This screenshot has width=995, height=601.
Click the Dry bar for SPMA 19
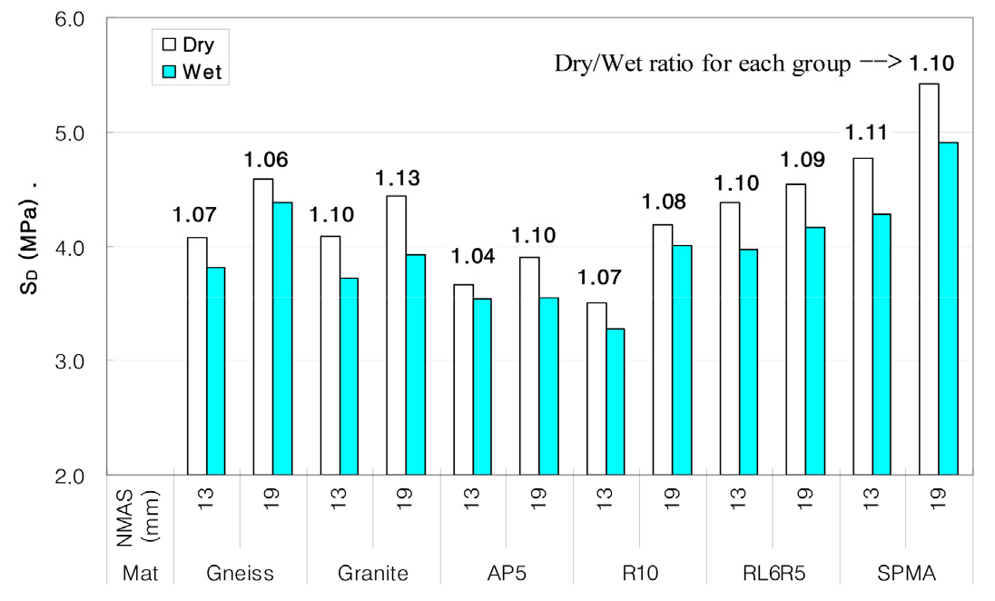coord(929,279)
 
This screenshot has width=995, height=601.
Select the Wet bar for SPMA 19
coord(949,309)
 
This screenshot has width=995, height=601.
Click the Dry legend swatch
coord(169,44)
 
